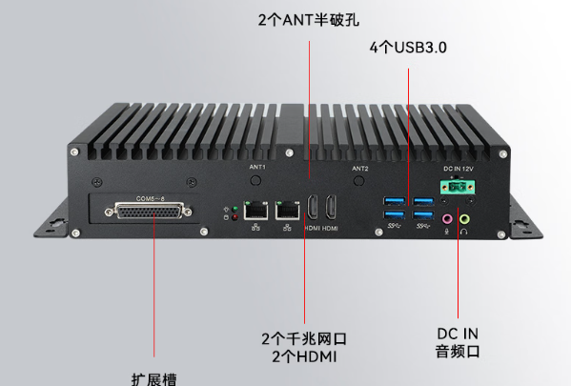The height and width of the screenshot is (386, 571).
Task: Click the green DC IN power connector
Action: pyautogui.click(x=458, y=189)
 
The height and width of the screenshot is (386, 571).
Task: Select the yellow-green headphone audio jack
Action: pyautogui.click(x=465, y=217)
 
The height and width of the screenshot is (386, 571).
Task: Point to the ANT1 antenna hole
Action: pyautogui.click(x=255, y=179)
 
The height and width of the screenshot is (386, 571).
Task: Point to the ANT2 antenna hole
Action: pyautogui.click(x=359, y=180)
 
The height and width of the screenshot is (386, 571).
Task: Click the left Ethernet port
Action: pyautogui.click(x=255, y=209)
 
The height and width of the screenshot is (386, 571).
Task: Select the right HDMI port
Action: pyautogui.click(x=331, y=209)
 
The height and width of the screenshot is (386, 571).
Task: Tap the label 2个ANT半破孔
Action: pyautogui.click(x=309, y=19)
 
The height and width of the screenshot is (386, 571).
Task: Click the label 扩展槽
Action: pyautogui.click(x=153, y=376)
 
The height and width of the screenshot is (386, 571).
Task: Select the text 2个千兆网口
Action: pyautogui.click(x=304, y=338)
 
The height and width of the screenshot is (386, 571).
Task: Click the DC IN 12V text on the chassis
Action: pyautogui.click(x=458, y=169)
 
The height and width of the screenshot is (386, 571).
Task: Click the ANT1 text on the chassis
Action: pyautogui.click(x=256, y=167)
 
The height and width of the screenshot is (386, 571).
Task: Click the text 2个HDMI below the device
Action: pyautogui.click(x=304, y=357)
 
